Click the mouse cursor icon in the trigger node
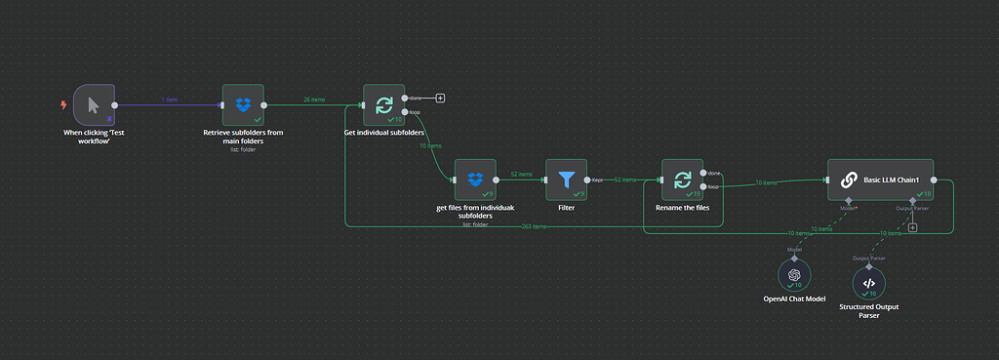click(x=94, y=104)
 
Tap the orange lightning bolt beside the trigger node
click(x=64, y=104)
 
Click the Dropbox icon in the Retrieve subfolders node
click(x=243, y=103)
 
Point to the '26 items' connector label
click(x=315, y=100)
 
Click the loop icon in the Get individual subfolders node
click(x=383, y=103)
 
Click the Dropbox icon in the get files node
click(x=475, y=180)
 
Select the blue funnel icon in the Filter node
click(x=566, y=180)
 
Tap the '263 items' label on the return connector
click(x=533, y=226)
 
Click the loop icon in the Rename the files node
click(x=681, y=180)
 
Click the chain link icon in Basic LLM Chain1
click(x=849, y=180)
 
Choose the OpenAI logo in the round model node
click(x=794, y=275)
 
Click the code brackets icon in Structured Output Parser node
click(x=869, y=283)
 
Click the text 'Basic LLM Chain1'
click(x=893, y=180)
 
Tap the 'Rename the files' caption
click(x=681, y=207)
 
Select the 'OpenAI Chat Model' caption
click(x=794, y=299)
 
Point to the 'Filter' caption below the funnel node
click(x=566, y=207)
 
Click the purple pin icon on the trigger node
click(x=109, y=120)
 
